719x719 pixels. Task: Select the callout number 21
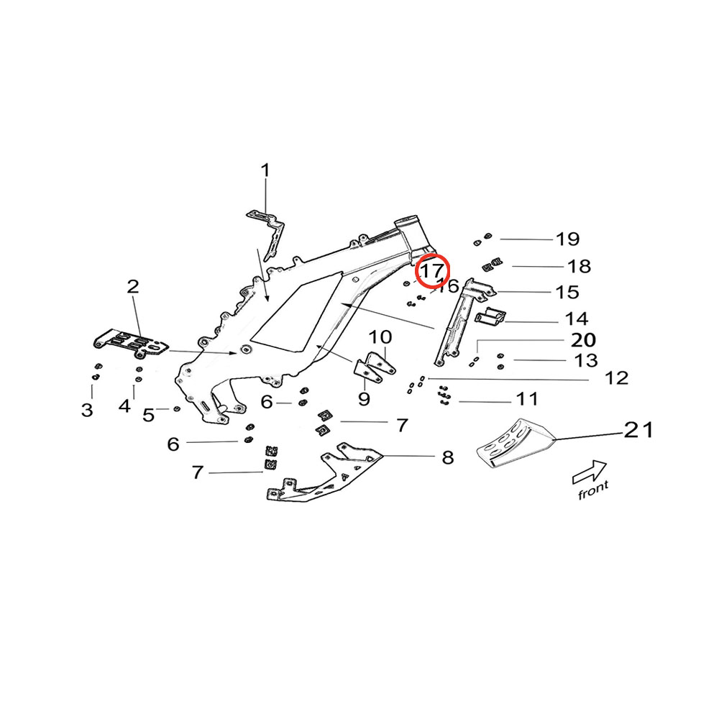(638, 430)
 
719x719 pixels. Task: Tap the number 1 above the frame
(265, 170)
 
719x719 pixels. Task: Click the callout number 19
(567, 239)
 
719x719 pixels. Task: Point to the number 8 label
(448, 457)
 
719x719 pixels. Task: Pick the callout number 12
(617, 378)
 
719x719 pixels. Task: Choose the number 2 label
(133, 287)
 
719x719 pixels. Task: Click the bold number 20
(583, 339)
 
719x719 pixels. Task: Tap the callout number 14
(577, 318)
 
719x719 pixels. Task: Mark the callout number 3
(87, 411)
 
